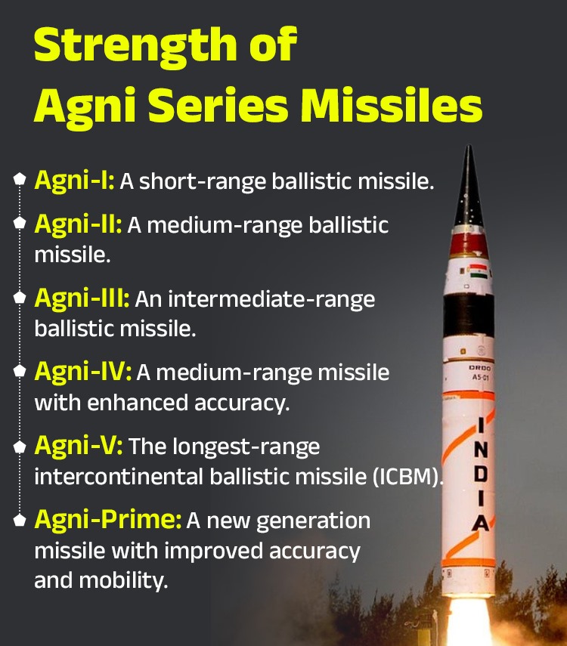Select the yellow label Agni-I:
tap(74, 181)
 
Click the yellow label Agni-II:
tap(78, 225)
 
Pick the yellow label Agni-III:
tap(82, 298)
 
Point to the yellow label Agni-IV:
tap(82, 372)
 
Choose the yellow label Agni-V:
tap(78, 446)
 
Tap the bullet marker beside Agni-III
tap(19, 298)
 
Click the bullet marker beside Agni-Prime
tap(19, 520)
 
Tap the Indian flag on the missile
tap(477, 270)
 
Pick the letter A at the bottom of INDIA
tap(481, 523)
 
